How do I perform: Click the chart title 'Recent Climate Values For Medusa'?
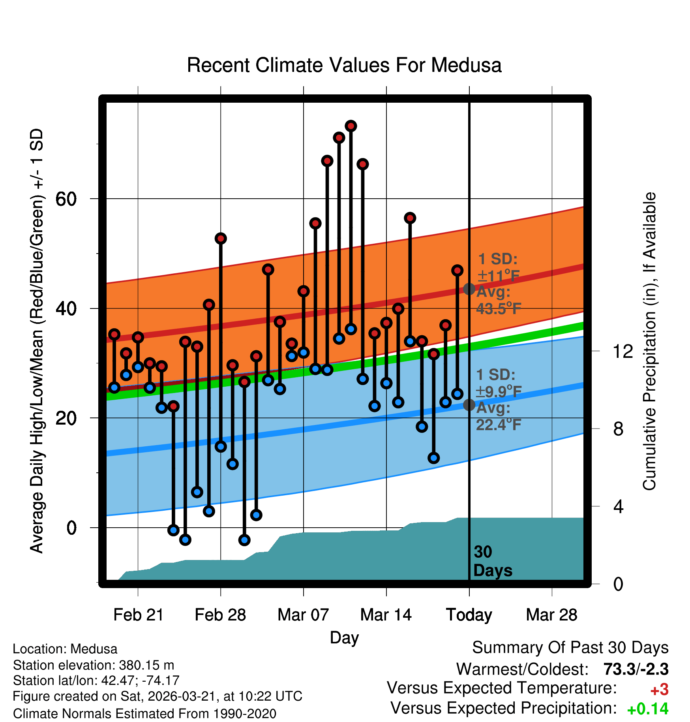tap(344, 65)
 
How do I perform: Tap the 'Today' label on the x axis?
tap(469, 615)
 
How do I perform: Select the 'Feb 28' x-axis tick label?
tap(220, 615)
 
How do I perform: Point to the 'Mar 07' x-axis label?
tap(303, 615)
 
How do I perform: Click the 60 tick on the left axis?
tap(66, 199)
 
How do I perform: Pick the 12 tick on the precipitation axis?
tap(623, 352)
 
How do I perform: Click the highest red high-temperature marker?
tap(351, 126)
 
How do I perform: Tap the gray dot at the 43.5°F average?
tap(469, 289)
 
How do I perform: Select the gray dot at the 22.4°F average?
tap(469, 404)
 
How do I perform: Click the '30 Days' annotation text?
tap(492, 561)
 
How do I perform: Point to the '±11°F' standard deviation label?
tap(498, 276)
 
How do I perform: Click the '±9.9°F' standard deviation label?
tap(498, 391)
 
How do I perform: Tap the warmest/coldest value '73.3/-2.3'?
tap(636, 669)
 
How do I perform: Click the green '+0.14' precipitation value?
tap(647, 709)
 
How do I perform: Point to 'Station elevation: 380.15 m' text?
tap(94, 665)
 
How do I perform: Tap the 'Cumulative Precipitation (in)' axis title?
tap(649, 341)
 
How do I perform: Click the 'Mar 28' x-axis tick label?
tap(552, 615)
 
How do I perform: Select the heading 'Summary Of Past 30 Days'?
tap(570, 648)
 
